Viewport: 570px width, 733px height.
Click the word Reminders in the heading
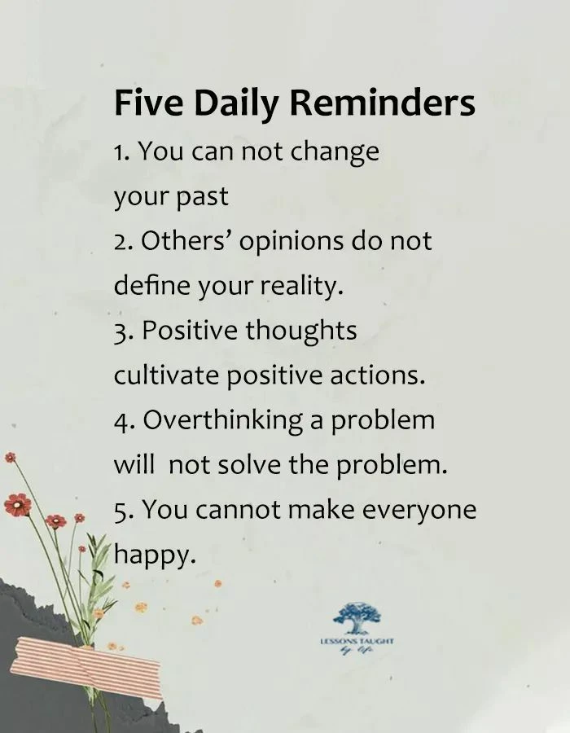coord(383,103)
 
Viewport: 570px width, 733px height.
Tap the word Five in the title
coord(148,103)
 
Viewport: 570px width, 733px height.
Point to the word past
coord(202,197)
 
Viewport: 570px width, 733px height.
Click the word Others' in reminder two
coord(190,240)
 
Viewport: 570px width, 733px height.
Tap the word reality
coord(301,286)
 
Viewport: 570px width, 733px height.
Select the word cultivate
coord(166,375)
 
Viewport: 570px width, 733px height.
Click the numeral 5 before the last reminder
coord(120,510)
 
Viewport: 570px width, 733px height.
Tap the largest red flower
coord(18,505)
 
